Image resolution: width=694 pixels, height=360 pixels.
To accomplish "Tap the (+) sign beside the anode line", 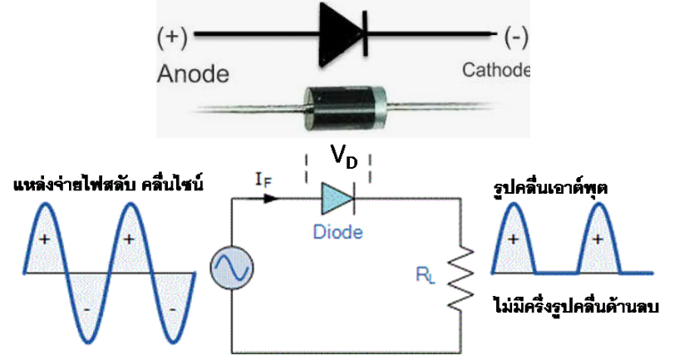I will tap(172, 37).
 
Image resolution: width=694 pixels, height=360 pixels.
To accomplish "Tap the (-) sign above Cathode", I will tap(514, 37).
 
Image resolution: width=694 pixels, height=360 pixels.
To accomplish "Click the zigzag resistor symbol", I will tap(459, 274).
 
